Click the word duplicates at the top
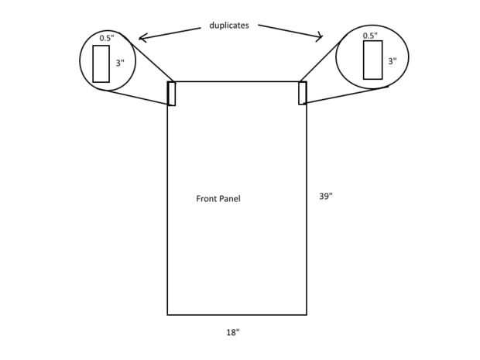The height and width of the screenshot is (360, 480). [229, 26]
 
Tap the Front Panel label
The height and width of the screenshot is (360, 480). [218, 199]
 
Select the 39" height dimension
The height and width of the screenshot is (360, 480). [326, 196]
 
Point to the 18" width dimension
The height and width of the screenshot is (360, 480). [233, 332]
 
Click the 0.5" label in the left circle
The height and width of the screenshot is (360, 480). [106, 38]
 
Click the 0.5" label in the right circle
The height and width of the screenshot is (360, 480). [369, 36]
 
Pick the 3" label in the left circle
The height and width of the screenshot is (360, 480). [120, 63]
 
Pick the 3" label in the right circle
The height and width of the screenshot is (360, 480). [393, 60]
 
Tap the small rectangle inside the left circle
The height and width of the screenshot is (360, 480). [101, 63]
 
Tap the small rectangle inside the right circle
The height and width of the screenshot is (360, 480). [373, 60]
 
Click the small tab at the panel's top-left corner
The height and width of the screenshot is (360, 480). [172, 93]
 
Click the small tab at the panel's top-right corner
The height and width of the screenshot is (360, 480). [303, 92]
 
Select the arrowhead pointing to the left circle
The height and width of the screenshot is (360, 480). [141, 37]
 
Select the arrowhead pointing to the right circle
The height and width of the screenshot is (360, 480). [320, 36]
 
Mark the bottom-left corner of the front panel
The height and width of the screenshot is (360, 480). [168, 314]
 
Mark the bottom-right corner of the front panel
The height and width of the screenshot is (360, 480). [307, 314]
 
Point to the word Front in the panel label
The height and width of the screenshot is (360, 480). [207, 199]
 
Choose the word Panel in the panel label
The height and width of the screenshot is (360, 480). [230, 199]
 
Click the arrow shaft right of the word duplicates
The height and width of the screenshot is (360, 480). [288, 30]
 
